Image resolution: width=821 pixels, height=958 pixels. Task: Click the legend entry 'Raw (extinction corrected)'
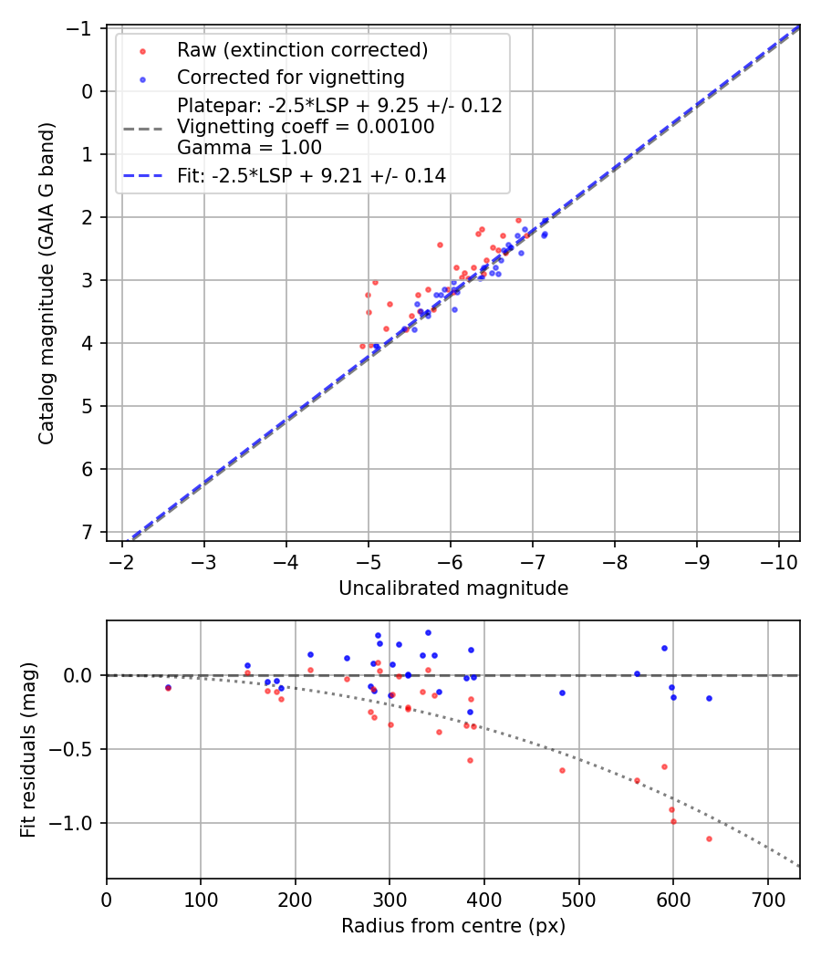click(x=302, y=49)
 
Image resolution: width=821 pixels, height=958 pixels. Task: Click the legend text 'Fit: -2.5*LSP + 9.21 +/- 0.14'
click(x=311, y=176)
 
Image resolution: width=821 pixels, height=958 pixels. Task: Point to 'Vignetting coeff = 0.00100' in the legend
click(x=306, y=127)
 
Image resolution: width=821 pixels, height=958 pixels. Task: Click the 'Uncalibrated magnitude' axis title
click(x=453, y=588)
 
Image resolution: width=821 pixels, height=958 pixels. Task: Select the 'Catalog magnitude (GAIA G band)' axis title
click(x=47, y=283)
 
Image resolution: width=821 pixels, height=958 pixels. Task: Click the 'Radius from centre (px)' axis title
click(x=453, y=926)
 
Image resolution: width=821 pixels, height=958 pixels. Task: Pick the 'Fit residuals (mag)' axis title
click(x=28, y=750)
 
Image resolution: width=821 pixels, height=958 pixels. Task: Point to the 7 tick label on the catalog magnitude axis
click(x=88, y=532)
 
